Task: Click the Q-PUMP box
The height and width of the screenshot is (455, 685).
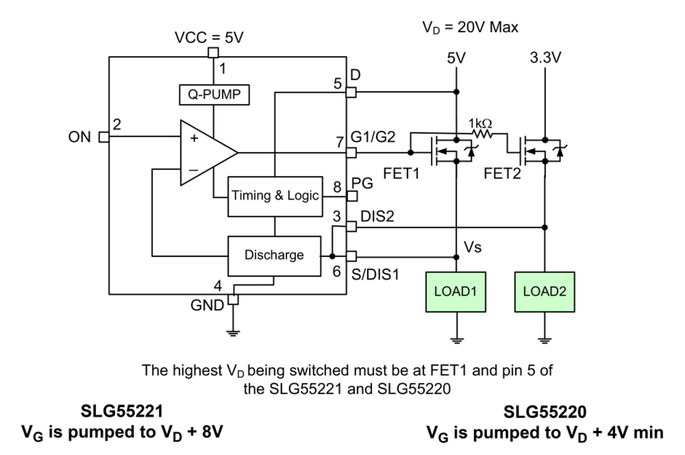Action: (214, 94)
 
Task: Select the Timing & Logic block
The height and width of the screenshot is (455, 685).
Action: (275, 196)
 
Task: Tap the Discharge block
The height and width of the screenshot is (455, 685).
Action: (274, 255)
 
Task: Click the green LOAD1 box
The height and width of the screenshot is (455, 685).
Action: (455, 292)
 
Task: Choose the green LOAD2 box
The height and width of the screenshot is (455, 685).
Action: (544, 292)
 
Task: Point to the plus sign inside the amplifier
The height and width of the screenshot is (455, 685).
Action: (194, 139)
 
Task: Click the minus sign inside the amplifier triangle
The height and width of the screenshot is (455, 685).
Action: (194, 170)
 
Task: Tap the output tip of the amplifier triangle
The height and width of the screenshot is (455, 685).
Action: (237, 153)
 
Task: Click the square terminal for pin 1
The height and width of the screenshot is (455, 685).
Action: (213, 53)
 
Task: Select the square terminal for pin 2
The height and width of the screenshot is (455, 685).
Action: (104, 137)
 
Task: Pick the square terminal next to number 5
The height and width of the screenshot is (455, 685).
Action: (351, 93)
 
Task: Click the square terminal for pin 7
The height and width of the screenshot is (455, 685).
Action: (351, 153)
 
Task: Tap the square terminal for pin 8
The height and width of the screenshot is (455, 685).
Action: (352, 196)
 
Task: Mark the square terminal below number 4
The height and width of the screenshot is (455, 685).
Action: (233, 300)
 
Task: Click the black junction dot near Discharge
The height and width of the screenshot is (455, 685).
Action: (332, 256)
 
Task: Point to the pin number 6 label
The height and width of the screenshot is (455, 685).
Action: (337, 271)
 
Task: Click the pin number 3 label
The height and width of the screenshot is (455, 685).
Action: (337, 217)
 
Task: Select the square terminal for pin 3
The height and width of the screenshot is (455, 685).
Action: (351, 226)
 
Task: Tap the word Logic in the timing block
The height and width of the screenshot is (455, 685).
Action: (303, 195)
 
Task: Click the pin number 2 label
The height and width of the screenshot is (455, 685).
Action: (117, 124)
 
